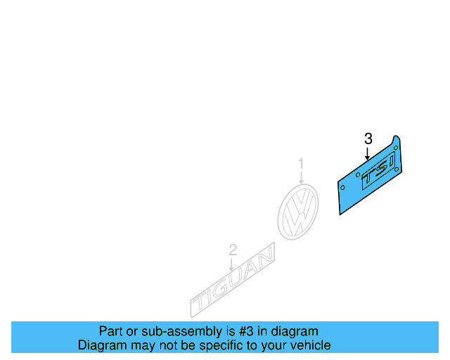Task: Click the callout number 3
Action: pyautogui.click(x=368, y=139)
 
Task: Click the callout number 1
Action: pyautogui.click(x=301, y=165)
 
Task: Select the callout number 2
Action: pyautogui.click(x=233, y=250)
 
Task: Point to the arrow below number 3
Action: pyautogui.click(x=367, y=153)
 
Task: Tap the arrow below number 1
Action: pyautogui.click(x=301, y=178)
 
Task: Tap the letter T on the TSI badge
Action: pyautogui.click(x=368, y=182)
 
